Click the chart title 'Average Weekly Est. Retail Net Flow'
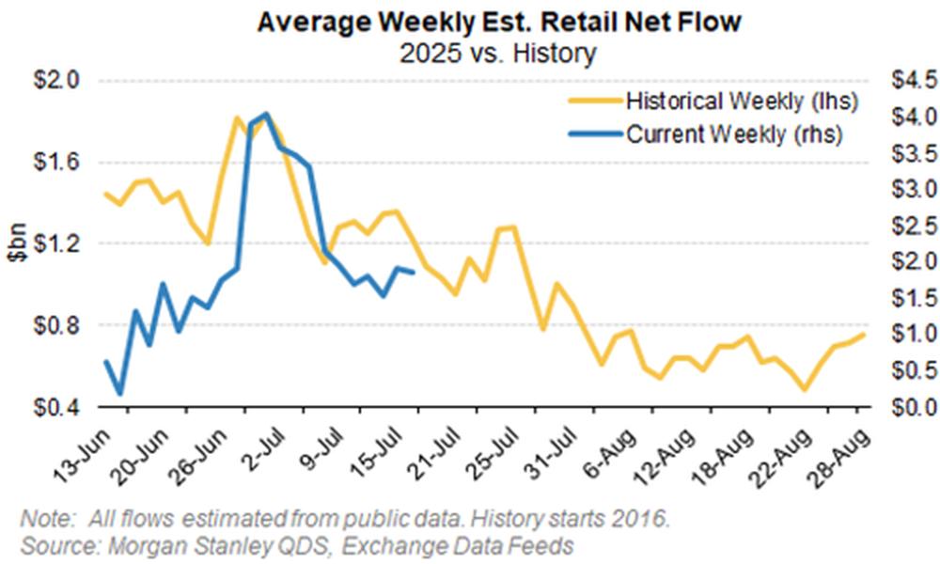470,22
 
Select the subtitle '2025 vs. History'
470,53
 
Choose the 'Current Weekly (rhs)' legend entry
734,134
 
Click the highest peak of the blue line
265,115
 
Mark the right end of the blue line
415,274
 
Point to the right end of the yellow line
864,335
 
